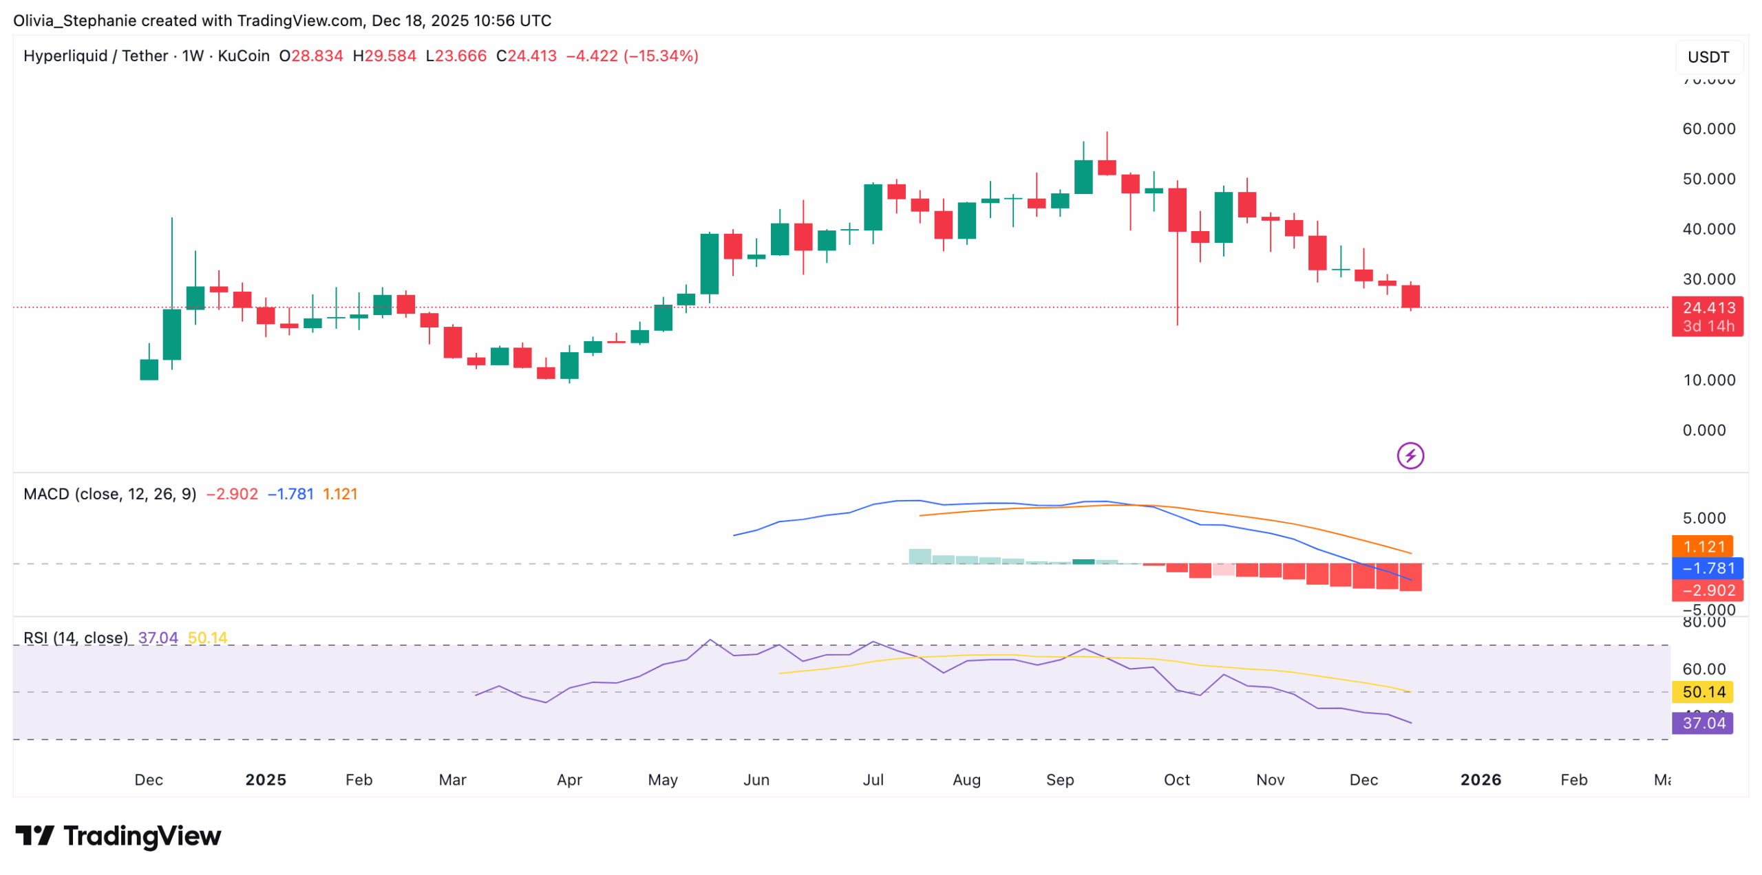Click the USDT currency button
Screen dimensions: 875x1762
pos(1708,57)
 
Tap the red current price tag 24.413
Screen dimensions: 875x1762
pos(1708,308)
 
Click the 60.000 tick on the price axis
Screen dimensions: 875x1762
pos(1708,129)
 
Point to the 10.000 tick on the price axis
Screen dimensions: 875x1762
pos(1708,380)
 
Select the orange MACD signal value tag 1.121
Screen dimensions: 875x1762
pos(1702,547)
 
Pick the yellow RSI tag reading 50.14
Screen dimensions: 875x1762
pos(1703,692)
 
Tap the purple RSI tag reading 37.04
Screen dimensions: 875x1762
pos(1703,723)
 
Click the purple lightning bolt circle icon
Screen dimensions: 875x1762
pos(1410,455)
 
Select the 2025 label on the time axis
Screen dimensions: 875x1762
pos(266,780)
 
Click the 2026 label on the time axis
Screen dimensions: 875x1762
pos(1480,780)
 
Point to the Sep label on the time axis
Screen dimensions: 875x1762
pos(1060,780)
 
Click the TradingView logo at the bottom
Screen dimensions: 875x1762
pos(118,836)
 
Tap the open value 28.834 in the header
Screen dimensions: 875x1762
pos(317,56)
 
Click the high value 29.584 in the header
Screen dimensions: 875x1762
pos(390,56)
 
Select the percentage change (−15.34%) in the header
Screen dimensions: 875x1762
pos(661,56)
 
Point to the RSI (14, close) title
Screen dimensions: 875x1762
pos(76,638)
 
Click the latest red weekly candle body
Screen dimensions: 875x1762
pos(1410,296)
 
